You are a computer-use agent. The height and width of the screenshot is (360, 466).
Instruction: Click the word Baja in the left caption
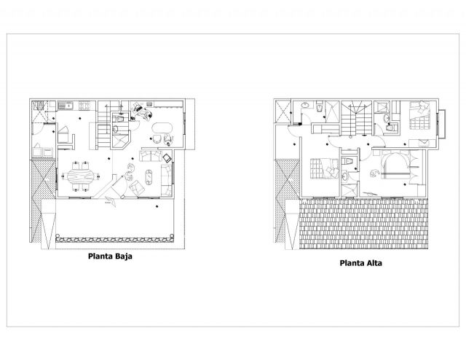tap(124, 257)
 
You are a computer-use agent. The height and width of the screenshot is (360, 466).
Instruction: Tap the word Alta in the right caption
tap(374, 263)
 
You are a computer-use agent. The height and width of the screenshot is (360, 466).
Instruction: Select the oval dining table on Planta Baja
tap(80, 177)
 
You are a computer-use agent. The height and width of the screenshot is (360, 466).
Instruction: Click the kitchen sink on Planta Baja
tap(66, 105)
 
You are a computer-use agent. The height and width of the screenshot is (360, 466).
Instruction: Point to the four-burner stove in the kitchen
tap(84, 106)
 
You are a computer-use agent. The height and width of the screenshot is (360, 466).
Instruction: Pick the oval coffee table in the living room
tap(149, 177)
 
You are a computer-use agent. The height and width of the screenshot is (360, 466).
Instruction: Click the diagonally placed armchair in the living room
tap(137, 188)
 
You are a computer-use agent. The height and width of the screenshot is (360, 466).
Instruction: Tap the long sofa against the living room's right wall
tap(167, 180)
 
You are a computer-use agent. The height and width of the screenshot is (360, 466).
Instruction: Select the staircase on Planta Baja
tap(104, 127)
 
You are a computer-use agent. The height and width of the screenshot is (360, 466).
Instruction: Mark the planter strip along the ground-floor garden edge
tap(114, 240)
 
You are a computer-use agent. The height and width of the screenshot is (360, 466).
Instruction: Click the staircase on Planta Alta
tap(356, 118)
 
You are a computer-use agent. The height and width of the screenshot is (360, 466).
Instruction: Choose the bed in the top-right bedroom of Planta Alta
tap(419, 116)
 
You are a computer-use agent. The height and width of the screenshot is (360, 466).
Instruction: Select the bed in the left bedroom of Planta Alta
tap(324, 168)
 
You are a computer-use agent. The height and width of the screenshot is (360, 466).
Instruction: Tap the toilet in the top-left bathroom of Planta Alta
tap(319, 108)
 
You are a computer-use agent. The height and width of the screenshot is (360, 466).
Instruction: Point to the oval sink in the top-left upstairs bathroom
tap(305, 105)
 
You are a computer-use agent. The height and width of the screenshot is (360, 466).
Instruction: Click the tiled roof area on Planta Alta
tap(363, 224)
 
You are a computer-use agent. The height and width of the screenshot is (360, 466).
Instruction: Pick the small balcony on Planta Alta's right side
tap(441, 124)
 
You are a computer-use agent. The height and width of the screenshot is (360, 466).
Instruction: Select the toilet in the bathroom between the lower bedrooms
tap(347, 161)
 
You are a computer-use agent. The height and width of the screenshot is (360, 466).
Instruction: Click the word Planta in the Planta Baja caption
tap(100, 257)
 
